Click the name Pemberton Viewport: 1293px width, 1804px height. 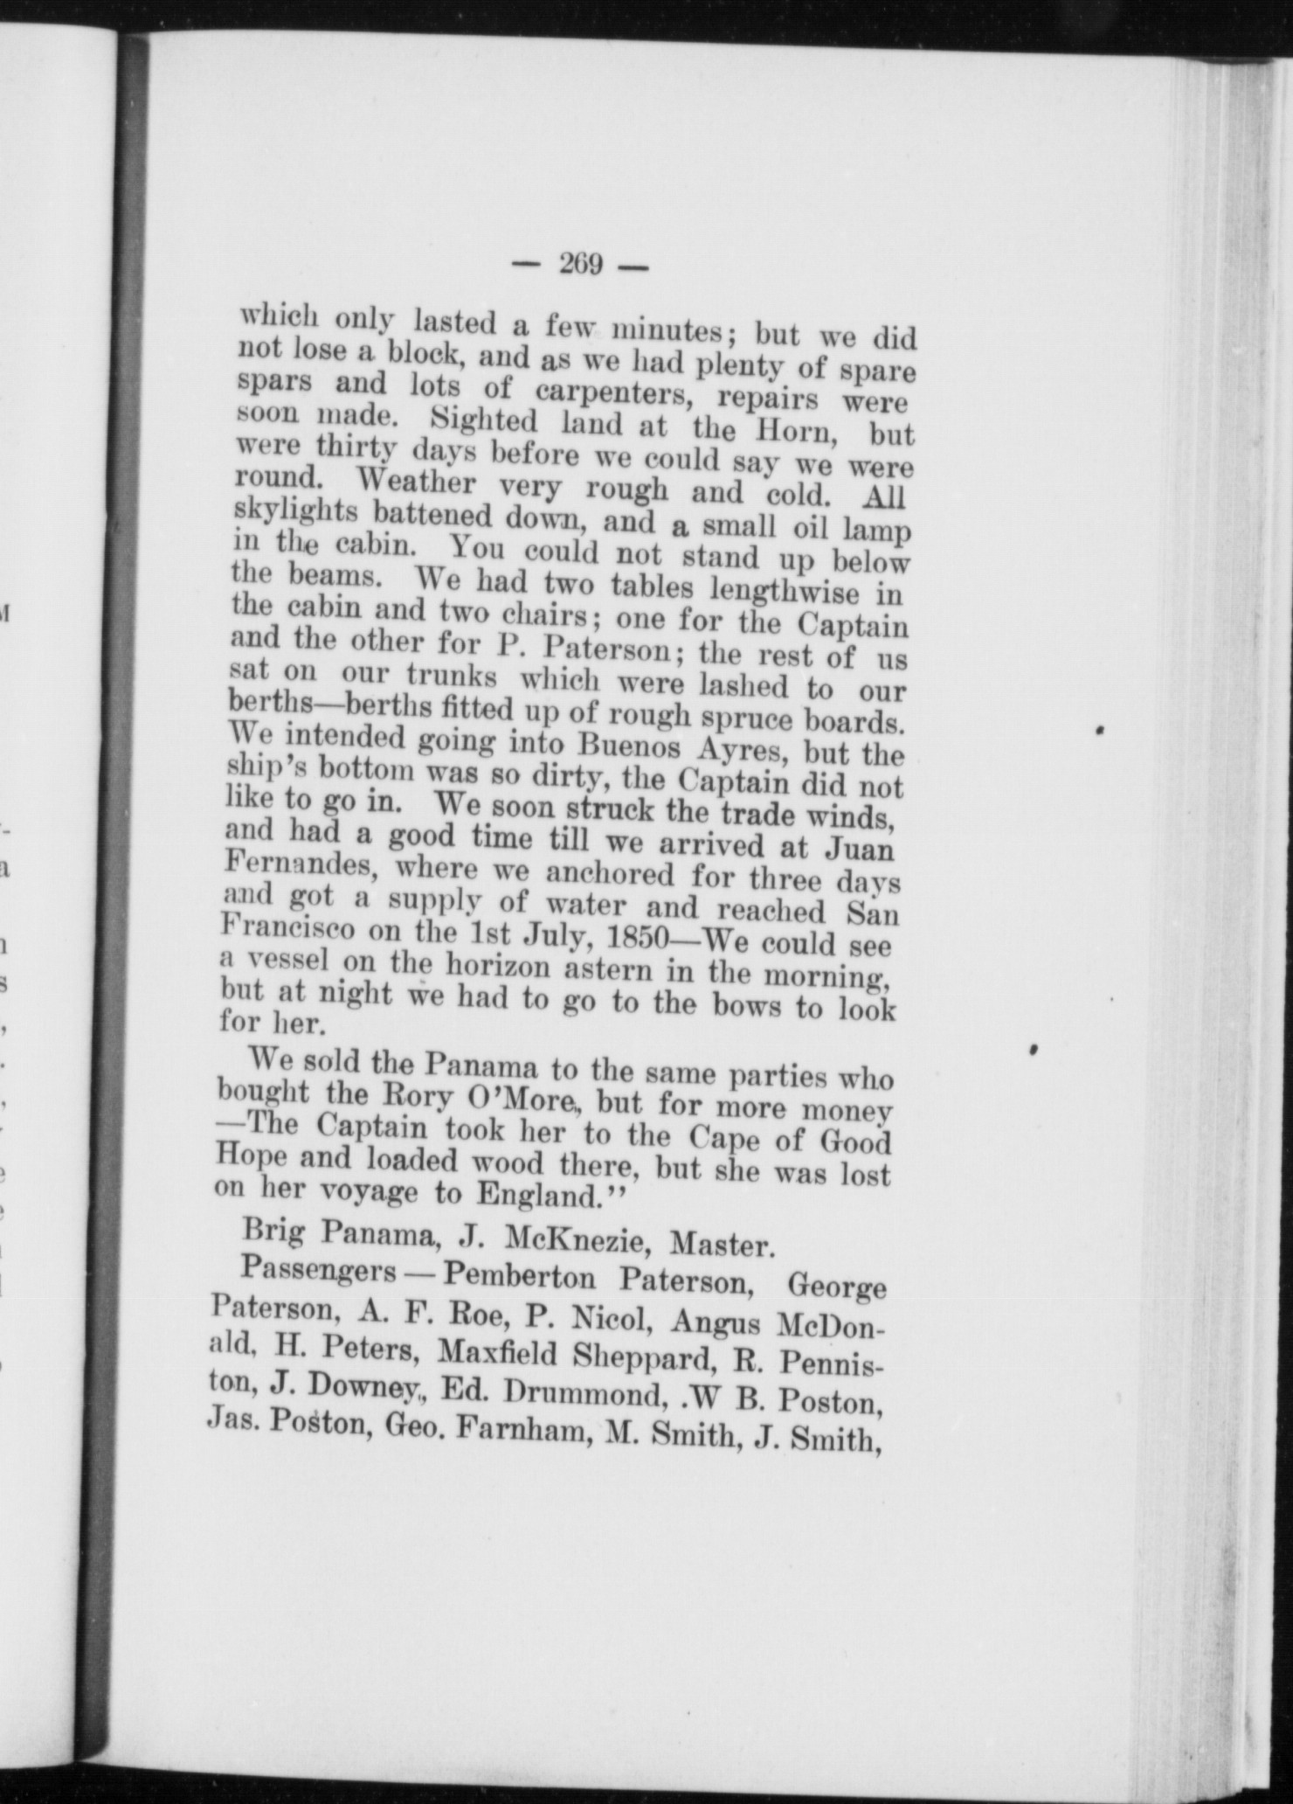519,1277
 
